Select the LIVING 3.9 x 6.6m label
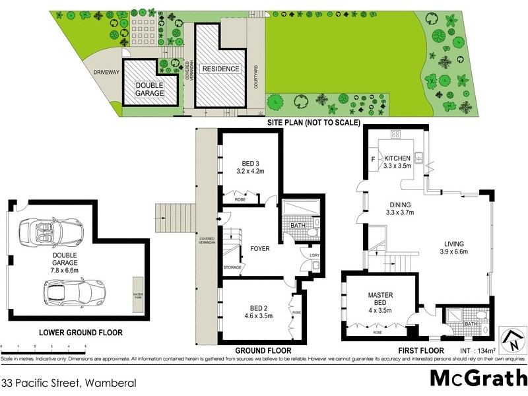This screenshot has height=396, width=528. pos(454,247)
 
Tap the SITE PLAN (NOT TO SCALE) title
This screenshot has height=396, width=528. pos(313,122)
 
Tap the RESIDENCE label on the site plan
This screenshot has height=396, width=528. pos(221,69)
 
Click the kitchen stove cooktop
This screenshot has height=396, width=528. pos(396,135)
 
